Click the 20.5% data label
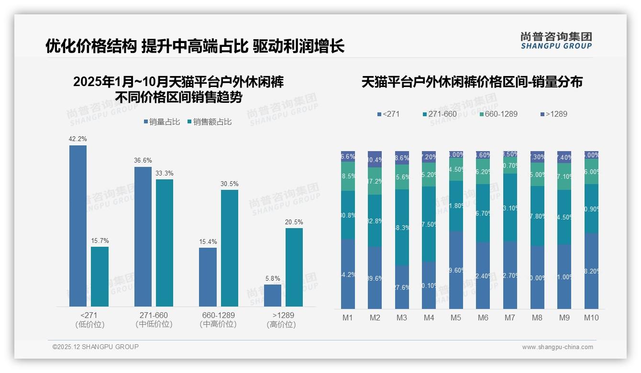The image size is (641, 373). [294, 222]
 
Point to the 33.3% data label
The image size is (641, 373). [165, 173]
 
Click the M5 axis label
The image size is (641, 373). [456, 318]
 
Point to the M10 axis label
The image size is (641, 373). [591, 318]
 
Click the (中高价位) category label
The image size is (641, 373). [218, 324]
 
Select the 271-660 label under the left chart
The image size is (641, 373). [154, 316]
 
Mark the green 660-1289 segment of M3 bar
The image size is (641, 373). [402, 177]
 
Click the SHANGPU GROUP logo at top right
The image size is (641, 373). [556, 41]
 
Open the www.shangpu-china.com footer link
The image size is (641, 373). [557, 347]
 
